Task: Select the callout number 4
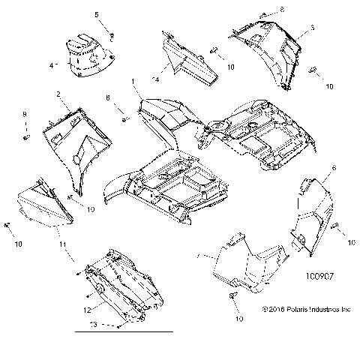pos(51,66)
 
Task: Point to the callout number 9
pos(24,113)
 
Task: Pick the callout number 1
pos(133,80)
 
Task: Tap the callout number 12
pos(87,309)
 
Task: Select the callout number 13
pos(93,324)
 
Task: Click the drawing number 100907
pos(318,276)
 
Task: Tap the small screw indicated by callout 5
pos(111,35)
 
